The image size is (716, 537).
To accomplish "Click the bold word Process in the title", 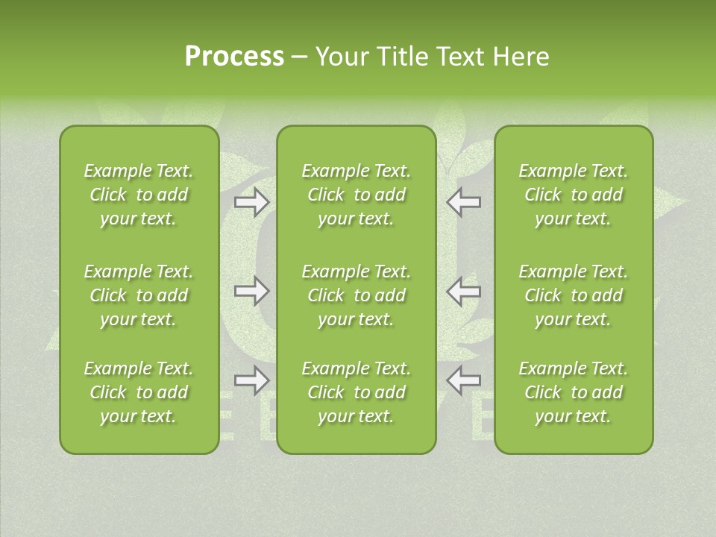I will click(x=234, y=56).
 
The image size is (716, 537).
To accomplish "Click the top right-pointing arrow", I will click(x=251, y=202).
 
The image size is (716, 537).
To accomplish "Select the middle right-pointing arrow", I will click(x=251, y=291).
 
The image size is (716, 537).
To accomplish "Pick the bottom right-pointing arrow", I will click(x=251, y=380).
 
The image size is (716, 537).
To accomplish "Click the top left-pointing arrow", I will click(x=464, y=202).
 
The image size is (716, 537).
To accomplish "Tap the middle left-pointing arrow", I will click(x=464, y=291).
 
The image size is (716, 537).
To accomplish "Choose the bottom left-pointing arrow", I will click(x=464, y=380).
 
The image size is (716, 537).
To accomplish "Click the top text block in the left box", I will click(x=139, y=195).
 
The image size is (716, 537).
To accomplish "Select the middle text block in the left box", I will click(x=139, y=295).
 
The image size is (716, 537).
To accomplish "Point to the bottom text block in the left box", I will click(x=139, y=392).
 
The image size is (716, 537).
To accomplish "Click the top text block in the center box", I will click(x=356, y=195).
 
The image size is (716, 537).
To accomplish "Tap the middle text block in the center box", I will click(x=356, y=295).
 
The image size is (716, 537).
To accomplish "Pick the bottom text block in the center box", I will click(x=356, y=392).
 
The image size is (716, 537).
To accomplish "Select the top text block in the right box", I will click(x=574, y=195).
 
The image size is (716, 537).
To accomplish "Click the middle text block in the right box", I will click(x=574, y=295).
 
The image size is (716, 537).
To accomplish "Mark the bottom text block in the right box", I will click(x=574, y=392).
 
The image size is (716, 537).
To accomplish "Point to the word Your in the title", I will click(x=339, y=56).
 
